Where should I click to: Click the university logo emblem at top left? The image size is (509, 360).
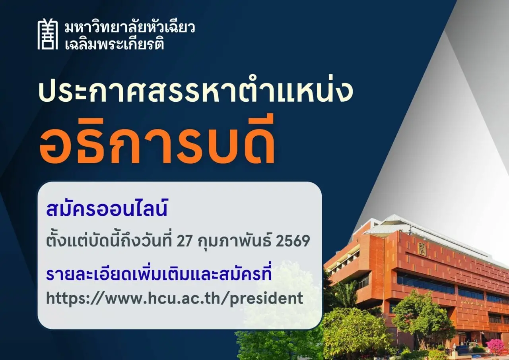(x=47, y=34)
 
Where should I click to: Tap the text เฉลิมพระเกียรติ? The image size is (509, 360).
(x=114, y=44)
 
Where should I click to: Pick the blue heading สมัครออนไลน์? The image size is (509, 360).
(x=107, y=208)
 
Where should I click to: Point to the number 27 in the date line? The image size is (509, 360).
(x=184, y=241)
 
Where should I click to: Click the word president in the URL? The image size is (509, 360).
(x=266, y=299)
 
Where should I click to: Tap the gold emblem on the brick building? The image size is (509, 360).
(x=422, y=249)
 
